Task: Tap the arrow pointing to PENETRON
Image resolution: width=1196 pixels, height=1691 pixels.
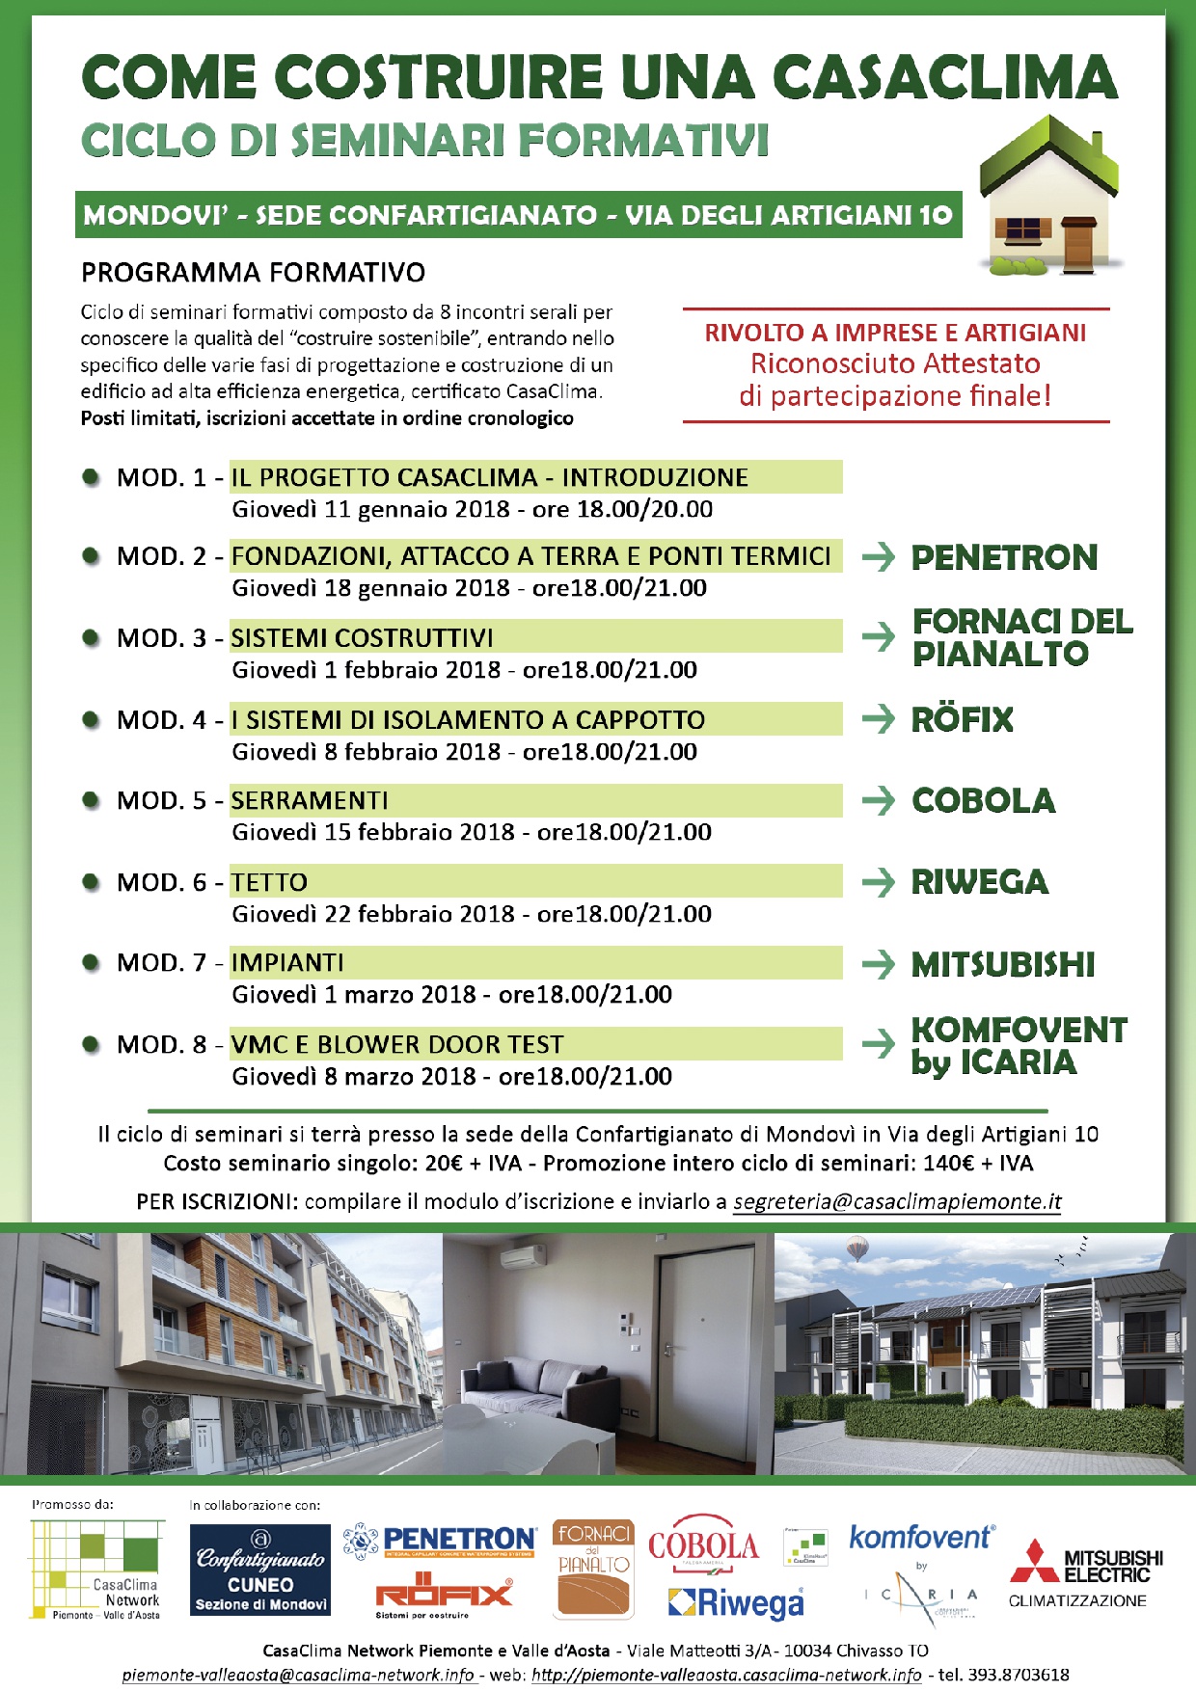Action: pos(878,556)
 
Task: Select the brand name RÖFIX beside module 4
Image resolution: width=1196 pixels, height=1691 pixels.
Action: pos(962,719)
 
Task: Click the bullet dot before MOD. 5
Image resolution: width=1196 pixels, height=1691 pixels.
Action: pos(92,800)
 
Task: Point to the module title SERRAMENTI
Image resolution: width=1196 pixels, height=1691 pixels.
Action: pos(310,800)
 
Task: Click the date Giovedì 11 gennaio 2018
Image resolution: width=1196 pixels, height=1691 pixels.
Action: pos(370,509)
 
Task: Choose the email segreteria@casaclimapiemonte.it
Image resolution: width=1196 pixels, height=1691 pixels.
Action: pos(897,1201)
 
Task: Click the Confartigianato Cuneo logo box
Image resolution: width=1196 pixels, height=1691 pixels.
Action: pos(260,1570)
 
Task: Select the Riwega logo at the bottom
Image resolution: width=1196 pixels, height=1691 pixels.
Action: pos(736,1603)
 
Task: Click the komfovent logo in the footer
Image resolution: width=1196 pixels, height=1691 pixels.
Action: pos(921,1537)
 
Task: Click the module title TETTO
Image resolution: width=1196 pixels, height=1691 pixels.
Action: pos(269,882)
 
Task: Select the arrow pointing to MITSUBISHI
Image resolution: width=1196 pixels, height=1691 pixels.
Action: pos(878,964)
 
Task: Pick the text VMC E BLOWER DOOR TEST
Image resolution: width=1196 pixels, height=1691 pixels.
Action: pos(397,1044)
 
